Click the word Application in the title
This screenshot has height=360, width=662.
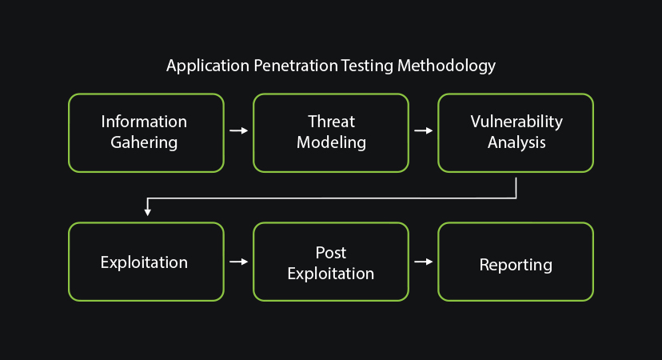(208, 66)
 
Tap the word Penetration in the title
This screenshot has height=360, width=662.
(296, 66)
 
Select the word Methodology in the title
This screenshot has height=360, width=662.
(446, 66)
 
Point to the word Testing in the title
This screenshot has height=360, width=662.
(367, 66)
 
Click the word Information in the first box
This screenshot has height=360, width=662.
(144, 122)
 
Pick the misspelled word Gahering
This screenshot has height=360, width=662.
(144, 142)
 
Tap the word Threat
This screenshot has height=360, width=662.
(332, 122)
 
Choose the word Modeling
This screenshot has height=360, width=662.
(332, 142)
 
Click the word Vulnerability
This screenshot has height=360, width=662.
(516, 122)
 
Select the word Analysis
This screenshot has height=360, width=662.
(516, 142)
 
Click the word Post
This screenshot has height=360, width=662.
(331, 253)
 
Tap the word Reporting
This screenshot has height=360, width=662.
(516, 265)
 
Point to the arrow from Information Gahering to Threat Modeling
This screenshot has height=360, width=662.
(238, 130)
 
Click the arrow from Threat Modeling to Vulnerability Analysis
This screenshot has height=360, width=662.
(424, 130)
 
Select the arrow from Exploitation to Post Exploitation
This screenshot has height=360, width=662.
(238, 262)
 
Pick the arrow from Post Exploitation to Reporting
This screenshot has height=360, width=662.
(424, 262)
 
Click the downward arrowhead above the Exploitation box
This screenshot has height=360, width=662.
(147, 212)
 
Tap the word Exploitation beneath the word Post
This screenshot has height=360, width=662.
(331, 274)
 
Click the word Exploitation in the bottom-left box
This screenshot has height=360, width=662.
(144, 263)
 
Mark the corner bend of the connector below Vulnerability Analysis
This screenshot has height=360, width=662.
(516, 198)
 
